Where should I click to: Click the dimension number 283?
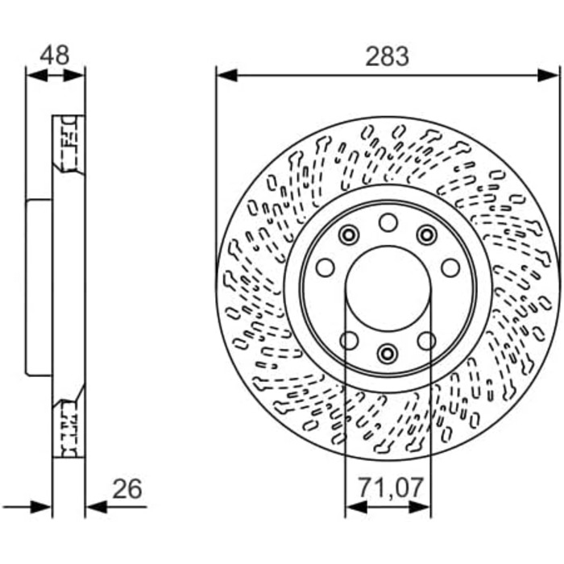[387, 56]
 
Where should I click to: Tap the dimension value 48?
[55, 55]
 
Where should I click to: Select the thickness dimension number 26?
[127, 489]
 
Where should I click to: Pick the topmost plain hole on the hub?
[388, 222]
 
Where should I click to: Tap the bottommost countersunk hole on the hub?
[388, 353]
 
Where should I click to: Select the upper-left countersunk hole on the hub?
[349, 235]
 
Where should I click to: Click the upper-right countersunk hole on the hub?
[426, 235]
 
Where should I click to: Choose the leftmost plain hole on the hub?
[326, 267]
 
